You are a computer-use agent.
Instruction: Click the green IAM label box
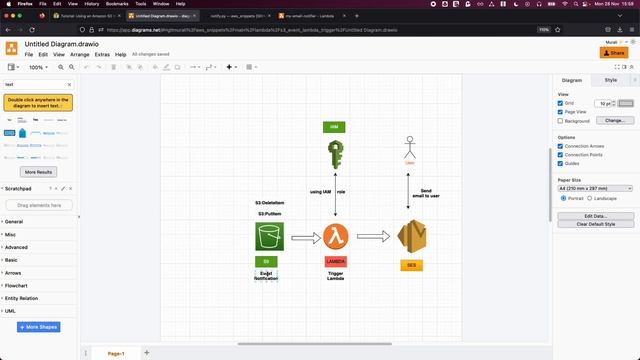click(335, 127)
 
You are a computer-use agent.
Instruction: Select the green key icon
click(335, 154)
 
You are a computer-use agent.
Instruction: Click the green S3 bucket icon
click(269, 237)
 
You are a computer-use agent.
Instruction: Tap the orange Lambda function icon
click(336, 237)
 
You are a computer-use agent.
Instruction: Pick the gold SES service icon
click(412, 238)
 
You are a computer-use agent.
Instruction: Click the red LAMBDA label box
click(336, 262)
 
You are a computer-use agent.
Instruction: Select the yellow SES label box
click(411, 265)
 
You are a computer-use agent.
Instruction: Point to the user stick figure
click(409, 146)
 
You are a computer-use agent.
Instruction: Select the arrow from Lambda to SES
click(373, 237)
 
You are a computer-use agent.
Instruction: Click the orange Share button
click(613, 53)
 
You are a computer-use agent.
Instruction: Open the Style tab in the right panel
click(611, 79)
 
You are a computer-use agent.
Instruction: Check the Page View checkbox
click(561, 111)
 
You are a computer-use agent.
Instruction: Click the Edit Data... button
click(596, 215)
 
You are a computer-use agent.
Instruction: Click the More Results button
click(38, 172)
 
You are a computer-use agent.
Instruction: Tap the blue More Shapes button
click(38, 327)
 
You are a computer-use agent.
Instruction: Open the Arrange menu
click(80, 54)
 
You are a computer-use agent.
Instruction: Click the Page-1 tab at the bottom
click(116, 353)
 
